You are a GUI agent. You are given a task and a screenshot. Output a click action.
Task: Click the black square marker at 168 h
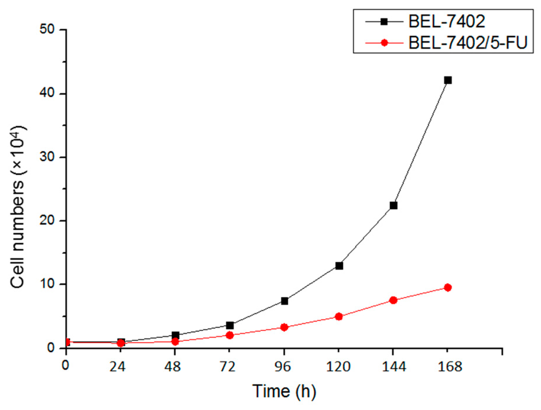448,80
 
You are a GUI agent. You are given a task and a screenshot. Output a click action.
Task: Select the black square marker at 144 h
393,205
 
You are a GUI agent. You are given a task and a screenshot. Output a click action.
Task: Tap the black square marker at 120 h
339,266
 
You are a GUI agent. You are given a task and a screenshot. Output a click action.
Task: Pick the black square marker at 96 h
284,301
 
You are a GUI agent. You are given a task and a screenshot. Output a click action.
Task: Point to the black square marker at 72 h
230,325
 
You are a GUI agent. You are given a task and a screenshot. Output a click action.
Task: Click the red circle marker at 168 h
448,287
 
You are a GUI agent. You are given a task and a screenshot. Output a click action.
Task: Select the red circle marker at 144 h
393,300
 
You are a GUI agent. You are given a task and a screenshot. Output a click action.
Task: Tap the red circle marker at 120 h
339,316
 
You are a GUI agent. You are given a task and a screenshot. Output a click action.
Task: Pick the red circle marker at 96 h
284,327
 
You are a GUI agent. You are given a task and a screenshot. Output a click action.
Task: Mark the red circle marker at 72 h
230,335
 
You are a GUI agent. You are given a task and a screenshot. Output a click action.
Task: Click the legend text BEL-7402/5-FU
467,43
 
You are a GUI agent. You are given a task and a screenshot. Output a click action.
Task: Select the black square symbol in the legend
384,22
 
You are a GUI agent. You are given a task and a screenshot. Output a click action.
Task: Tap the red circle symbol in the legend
384,43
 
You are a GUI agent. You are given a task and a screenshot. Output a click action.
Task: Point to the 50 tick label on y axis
47,30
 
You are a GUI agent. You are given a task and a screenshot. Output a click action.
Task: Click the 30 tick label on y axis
47,157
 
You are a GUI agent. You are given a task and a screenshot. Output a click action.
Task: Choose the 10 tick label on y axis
47,284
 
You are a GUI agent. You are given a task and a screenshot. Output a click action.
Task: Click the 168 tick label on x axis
450,367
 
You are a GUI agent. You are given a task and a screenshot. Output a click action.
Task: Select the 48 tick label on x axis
173,367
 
